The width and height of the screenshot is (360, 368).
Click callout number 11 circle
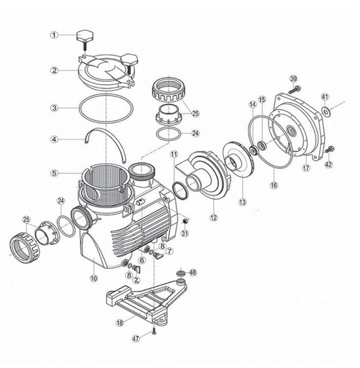(x=173, y=154)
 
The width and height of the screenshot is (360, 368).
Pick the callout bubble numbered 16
(x=273, y=185)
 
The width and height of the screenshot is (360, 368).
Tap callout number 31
(x=185, y=231)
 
